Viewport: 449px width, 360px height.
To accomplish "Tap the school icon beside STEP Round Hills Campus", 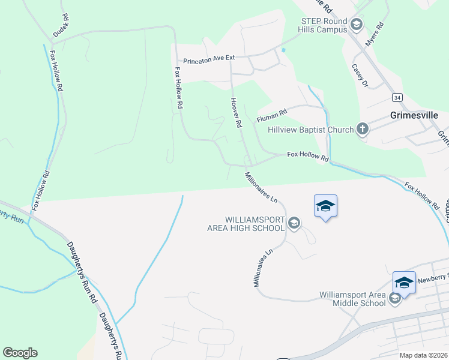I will [356, 25].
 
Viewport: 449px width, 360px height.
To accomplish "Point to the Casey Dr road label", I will [360, 76].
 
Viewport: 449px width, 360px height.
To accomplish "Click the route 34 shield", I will [397, 96].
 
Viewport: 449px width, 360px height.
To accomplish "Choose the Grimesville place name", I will [414, 115].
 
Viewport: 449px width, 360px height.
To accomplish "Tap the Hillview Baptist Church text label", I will [312, 128].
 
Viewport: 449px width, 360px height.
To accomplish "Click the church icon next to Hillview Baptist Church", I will [362, 128].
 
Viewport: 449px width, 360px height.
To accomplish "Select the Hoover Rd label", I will [235, 112].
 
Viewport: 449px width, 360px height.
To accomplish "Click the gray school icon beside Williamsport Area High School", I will [294, 224].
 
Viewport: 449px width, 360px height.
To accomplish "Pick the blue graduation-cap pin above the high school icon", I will [325, 206].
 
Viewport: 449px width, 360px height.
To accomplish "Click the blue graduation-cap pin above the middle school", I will [404, 283].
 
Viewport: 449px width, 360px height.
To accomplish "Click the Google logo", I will [20, 353].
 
